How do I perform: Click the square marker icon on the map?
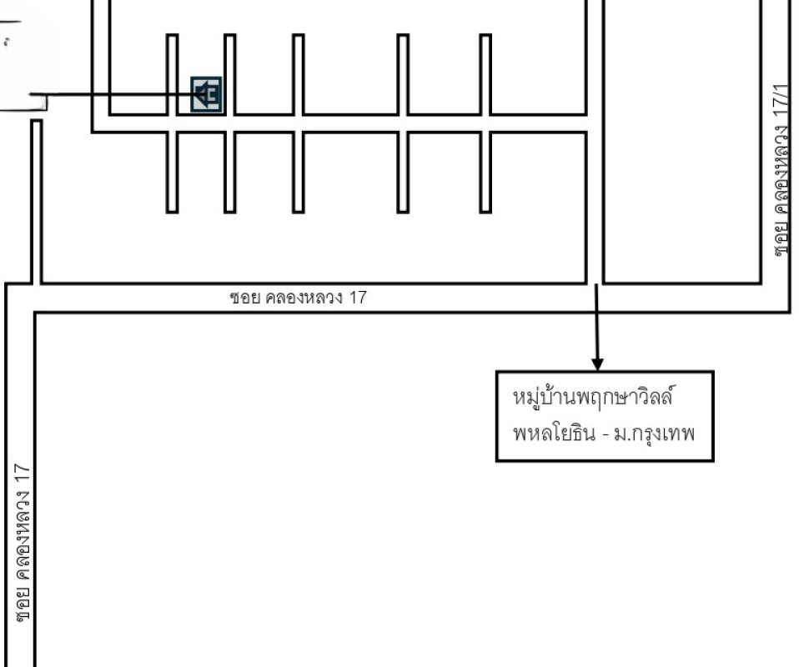click(206, 94)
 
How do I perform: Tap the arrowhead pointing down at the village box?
click(597, 364)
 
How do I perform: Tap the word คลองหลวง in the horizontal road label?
click(304, 298)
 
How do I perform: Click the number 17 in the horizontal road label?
click(358, 298)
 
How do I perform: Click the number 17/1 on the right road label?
click(781, 102)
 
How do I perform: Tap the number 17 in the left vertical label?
click(23, 474)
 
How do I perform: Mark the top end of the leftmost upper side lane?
click(173, 35)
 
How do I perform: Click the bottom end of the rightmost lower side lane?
click(485, 212)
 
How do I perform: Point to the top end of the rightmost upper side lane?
click(485, 35)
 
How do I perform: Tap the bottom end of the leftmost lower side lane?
click(173, 212)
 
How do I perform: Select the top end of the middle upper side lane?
click(299, 35)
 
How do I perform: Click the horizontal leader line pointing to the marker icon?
click(112, 94)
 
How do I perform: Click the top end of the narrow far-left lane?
click(36, 121)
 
